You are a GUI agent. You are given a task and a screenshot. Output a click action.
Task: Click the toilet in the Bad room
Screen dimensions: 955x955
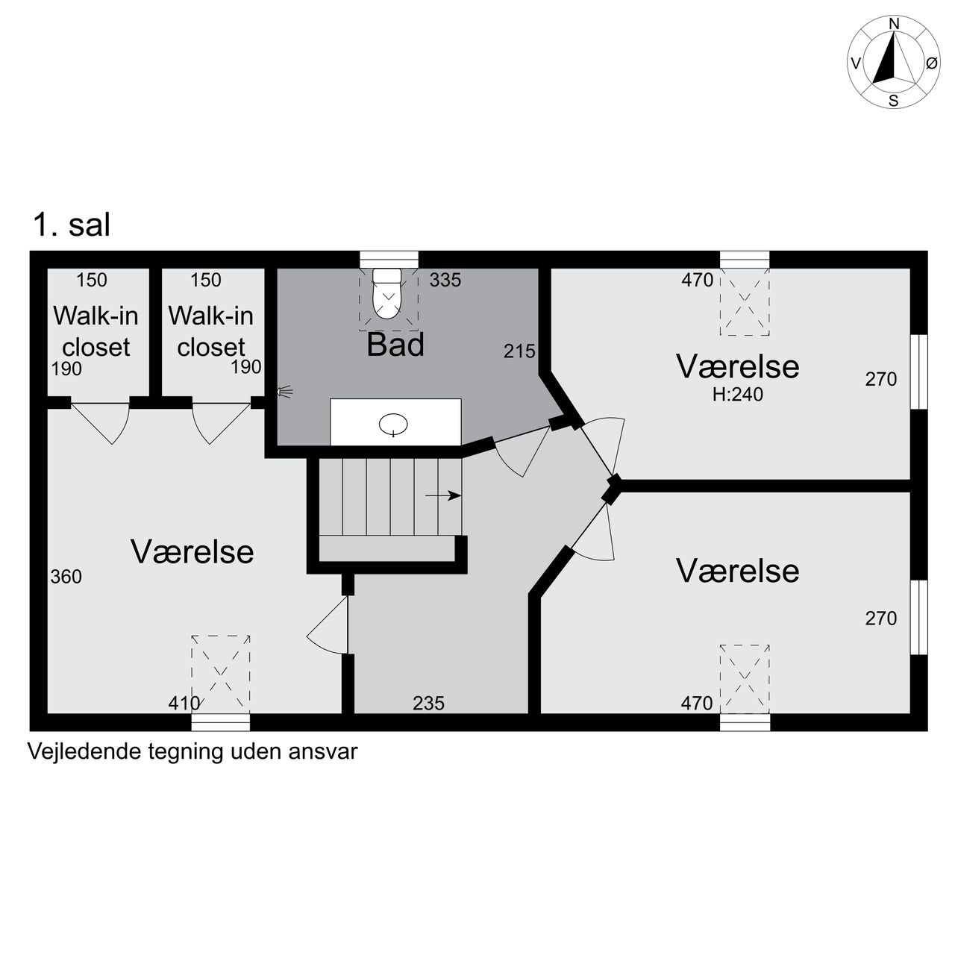[x=386, y=293]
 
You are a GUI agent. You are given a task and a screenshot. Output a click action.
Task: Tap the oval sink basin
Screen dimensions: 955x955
[x=393, y=425]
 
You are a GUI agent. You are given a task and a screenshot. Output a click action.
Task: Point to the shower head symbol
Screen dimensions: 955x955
[x=284, y=392]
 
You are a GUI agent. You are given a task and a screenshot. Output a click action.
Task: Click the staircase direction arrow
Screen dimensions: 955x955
[x=443, y=495]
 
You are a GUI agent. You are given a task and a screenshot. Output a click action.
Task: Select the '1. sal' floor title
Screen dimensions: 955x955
[x=72, y=225]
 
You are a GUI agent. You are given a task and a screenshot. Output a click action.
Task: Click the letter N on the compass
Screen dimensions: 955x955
[x=894, y=24]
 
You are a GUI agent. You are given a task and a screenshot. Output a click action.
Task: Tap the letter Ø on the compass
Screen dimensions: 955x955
[x=931, y=63]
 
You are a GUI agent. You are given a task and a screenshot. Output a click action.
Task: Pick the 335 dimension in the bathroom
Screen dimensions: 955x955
[x=445, y=280]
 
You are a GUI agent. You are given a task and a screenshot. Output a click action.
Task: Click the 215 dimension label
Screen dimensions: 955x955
[x=519, y=351]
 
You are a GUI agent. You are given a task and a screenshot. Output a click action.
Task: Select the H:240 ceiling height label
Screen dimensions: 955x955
[x=737, y=395]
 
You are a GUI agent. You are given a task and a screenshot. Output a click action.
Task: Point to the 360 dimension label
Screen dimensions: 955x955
[x=66, y=577]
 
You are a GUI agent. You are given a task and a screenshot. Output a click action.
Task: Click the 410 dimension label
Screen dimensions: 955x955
[x=184, y=703]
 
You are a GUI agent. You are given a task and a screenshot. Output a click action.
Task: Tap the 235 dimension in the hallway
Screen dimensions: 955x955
[x=429, y=703]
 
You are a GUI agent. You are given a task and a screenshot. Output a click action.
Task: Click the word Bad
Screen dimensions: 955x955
[x=395, y=345]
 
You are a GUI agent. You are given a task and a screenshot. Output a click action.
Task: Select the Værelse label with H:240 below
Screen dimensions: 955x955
[x=737, y=367]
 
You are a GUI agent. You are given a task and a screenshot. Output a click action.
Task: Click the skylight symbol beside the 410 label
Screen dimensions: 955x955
[x=221, y=674]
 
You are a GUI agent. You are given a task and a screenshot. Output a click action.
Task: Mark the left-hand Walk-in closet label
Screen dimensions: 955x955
[x=95, y=331]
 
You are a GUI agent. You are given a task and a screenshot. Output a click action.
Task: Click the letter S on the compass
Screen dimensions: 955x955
[x=893, y=101]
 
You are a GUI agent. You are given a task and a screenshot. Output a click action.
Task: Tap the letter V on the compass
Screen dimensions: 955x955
[x=855, y=63]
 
